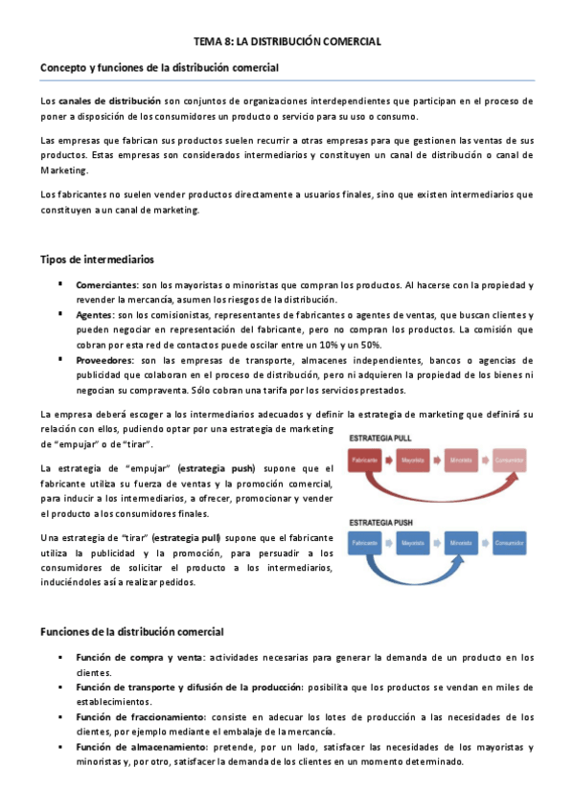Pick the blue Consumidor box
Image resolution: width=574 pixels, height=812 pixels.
pos(509,542)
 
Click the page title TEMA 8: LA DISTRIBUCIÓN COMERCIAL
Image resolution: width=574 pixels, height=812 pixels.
pos(287,41)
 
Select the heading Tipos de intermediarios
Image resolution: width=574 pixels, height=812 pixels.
pos(97,260)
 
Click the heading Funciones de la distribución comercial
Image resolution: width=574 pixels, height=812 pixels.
pos(131,632)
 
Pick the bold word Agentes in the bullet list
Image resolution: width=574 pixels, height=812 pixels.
pos(94,315)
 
